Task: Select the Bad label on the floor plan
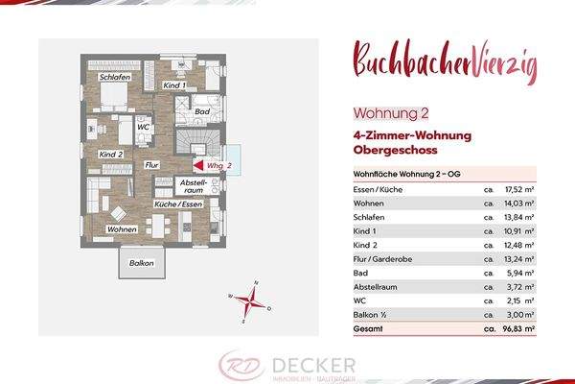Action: point(201,112)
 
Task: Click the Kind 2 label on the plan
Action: point(112,154)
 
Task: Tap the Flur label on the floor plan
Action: point(150,165)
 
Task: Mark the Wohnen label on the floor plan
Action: point(122,230)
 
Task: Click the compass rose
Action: point(252,303)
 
